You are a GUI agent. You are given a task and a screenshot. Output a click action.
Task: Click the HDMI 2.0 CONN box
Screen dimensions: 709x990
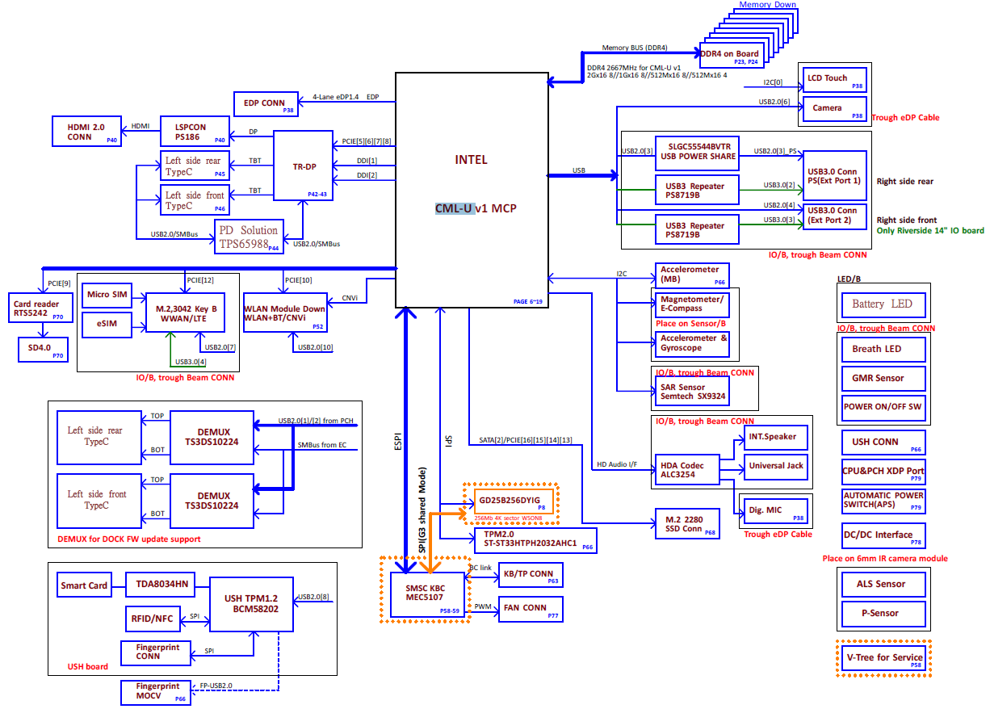click(x=86, y=131)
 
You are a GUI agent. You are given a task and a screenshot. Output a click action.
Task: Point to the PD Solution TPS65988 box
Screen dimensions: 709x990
click(x=250, y=236)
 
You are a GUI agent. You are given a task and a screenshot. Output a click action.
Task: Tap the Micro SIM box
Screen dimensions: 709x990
click(x=108, y=295)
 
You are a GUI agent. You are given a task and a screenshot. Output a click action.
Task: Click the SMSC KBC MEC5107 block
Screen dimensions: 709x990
click(x=427, y=595)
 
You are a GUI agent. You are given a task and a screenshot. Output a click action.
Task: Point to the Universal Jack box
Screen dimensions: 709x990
click(x=776, y=466)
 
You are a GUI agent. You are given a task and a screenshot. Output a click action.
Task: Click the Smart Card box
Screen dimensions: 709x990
click(x=84, y=585)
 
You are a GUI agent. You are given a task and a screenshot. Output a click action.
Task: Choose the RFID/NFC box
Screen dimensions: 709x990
click(x=153, y=619)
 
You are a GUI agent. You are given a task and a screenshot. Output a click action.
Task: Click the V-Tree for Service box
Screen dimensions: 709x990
click(x=884, y=657)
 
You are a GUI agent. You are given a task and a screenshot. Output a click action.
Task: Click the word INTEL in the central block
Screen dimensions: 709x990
click(x=471, y=160)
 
